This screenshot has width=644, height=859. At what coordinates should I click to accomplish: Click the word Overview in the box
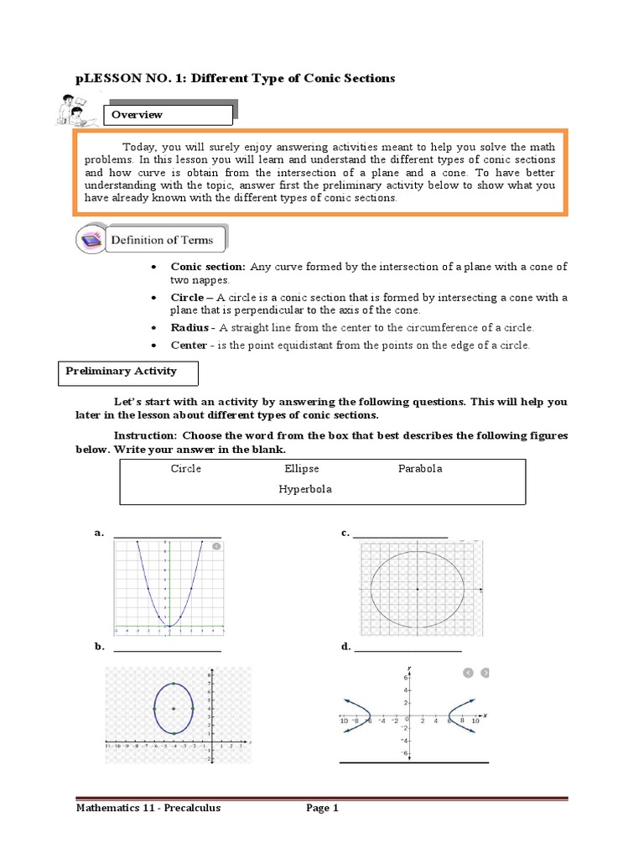click(x=140, y=115)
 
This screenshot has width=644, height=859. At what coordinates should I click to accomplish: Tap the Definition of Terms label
click(x=163, y=240)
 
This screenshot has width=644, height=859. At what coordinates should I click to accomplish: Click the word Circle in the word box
click(x=185, y=469)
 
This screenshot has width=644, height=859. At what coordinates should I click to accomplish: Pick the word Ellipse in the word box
click(x=302, y=469)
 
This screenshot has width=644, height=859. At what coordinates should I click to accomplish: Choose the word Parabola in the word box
click(x=419, y=469)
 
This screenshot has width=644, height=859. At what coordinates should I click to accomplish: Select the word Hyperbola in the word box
click(x=305, y=489)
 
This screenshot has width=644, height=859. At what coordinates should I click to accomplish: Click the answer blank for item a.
click(x=167, y=534)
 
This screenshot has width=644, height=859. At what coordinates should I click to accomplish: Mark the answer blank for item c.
click(x=400, y=534)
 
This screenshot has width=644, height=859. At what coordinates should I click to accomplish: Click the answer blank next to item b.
click(x=167, y=648)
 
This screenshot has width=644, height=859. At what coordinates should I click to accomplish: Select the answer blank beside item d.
click(x=408, y=648)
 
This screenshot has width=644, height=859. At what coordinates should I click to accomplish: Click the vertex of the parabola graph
click(x=169, y=626)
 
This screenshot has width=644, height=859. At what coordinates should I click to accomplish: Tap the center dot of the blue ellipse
click(x=174, y=709)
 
